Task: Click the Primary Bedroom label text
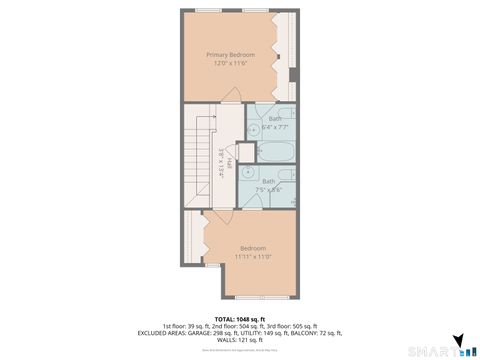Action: click(230, 54)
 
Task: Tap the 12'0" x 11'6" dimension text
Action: click(230, 63)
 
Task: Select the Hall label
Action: click(229, 164)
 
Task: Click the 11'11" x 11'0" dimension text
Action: click(252, 256)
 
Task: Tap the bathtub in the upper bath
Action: click(275, 152)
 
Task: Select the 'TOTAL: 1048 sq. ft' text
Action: click(239, 318)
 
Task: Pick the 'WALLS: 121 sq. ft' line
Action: click(239, 339)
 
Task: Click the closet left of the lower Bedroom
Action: click(193, 244)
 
